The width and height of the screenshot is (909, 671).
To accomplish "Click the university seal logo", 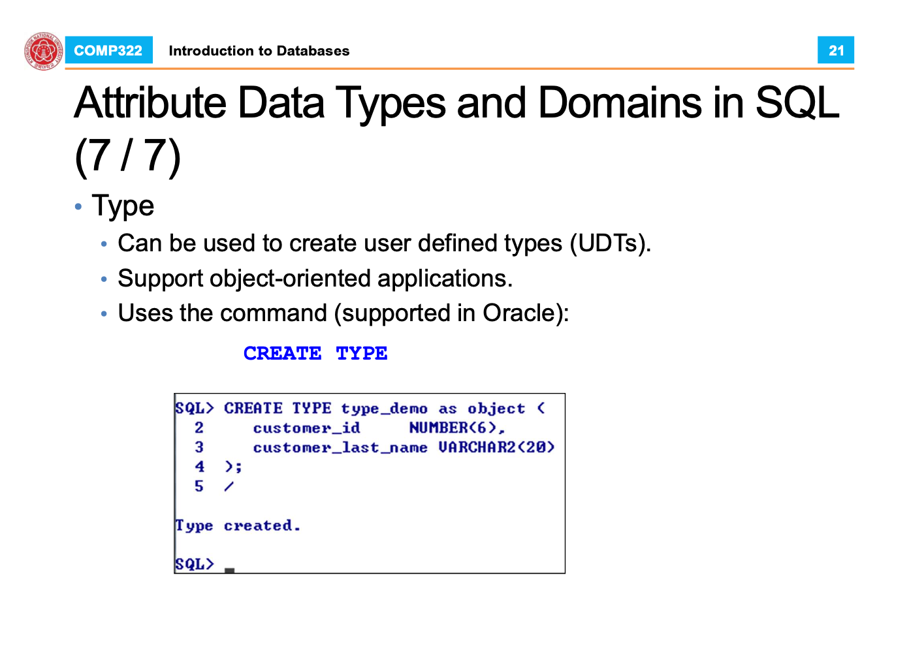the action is pyautogui.click(x=44, y=51).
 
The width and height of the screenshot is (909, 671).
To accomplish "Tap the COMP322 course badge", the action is pyautogui.click(x=108, y=50).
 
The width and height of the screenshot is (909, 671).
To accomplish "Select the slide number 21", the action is pyautogui.click(x=835, y=50).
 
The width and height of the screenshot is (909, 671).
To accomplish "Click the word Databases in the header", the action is pyautogui.click(x=313, y=51).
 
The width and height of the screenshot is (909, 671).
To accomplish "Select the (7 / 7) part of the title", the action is pyautogui.click(x=128, y=155).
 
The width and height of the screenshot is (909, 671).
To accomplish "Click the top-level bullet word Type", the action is pyautogui.click(x=123, y=206).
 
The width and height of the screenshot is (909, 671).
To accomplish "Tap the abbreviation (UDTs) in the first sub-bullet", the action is pyautogui.click(x=610, y=243).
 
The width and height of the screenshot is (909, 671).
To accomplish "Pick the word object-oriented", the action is pyautogui.click(x=290, y=279).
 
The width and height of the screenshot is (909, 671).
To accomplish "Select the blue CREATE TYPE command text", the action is pyautogui.click(x=315, y=353).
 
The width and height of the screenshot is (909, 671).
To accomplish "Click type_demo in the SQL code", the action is pyautogui.click(x=384, y=409).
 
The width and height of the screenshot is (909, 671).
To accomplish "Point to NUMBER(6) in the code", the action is pyautogui.click(x=453, y=428).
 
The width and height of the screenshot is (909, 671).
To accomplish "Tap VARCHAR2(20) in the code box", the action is pyautogui.click(x=496, y=447).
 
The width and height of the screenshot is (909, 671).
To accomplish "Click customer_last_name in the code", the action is pyautogui.click(x=340, y=447).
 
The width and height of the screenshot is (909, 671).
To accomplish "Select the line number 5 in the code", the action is pyautogui.click(x=199, y=486).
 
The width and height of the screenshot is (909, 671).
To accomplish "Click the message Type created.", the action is pyautogui.click(x=238, y=525).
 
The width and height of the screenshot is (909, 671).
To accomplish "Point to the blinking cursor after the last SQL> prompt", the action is pyautogui.click(x=229, y=570).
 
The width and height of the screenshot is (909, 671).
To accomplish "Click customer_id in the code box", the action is pyautogui.click(x=306, y=428).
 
